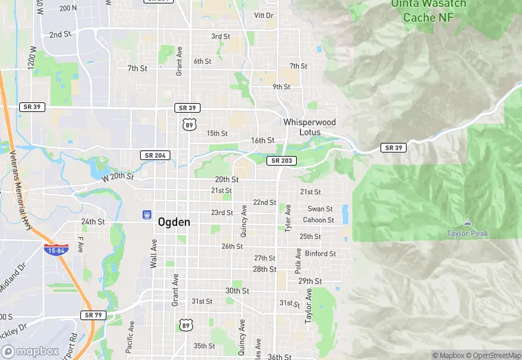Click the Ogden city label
point(174,223)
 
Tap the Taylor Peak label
point(467,234)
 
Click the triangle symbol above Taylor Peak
point(467,223)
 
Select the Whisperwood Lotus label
point(310,128)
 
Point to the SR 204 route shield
point(154,156)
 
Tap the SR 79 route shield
point(93,315)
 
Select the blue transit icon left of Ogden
point(146,215)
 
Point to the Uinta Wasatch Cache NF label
point(429,10)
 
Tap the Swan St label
point(319,209)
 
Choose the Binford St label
point(320,254)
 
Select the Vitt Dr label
point(264,15)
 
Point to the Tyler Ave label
point(288,218)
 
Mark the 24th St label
point(93,222)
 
